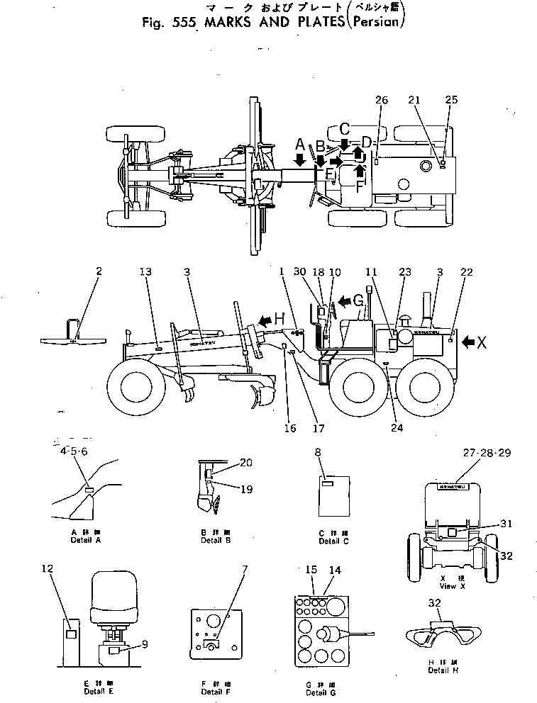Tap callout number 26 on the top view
[x=382, y=100]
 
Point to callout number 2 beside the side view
[x=99, y=271]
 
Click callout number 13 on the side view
[x=145, y=271]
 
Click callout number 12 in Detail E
[x=47, y=569]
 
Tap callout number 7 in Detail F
[x=225, y=570]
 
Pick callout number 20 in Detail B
[x=245, y=461]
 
